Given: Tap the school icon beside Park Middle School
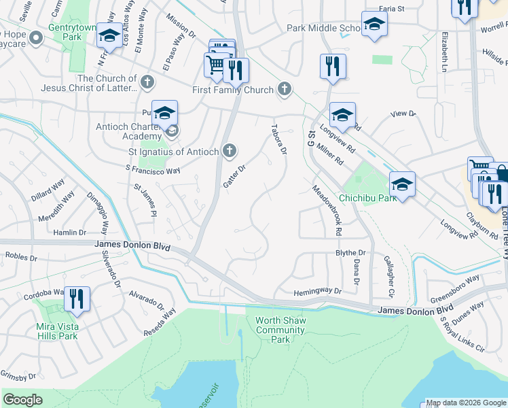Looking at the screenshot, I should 374,26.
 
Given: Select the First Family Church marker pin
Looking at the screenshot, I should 285,90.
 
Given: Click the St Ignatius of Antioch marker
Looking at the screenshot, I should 230,150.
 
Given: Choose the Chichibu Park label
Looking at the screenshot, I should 367,198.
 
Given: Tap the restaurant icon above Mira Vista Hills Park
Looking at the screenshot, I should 77,300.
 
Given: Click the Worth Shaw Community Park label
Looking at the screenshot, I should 280,330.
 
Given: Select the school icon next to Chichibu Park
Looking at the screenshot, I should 402,185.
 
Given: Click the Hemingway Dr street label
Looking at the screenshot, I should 317,292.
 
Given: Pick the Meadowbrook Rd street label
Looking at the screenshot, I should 327,210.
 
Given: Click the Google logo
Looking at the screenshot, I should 22,400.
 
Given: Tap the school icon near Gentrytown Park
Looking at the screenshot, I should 109,37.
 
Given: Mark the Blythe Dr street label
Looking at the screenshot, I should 350,252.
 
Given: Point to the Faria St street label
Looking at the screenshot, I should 392,9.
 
